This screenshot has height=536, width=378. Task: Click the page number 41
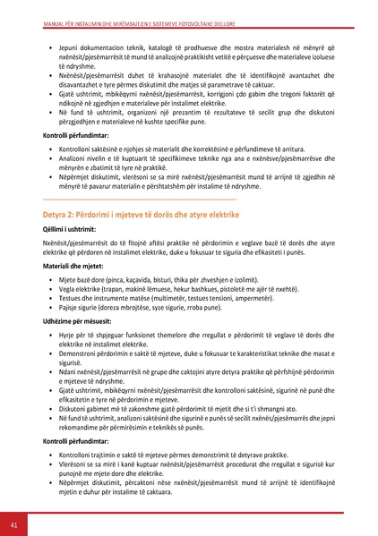pos(14,521)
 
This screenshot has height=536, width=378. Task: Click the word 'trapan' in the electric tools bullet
pos(117,288)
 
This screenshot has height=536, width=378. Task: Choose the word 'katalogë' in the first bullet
pos(172,43)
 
